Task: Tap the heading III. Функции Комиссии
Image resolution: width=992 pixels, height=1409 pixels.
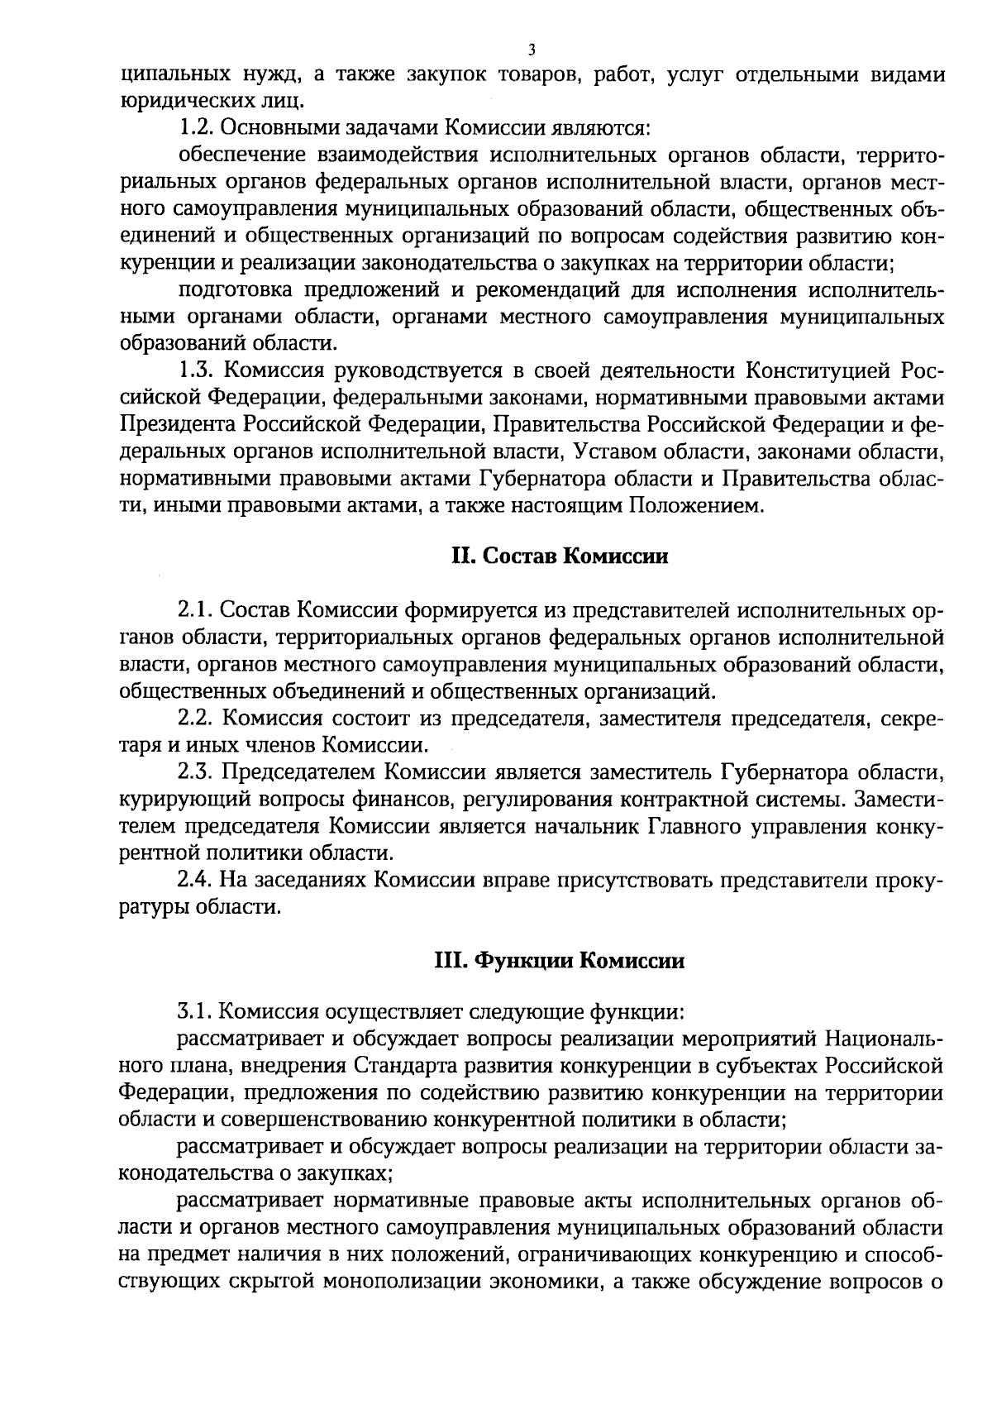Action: click(x=560, y=961)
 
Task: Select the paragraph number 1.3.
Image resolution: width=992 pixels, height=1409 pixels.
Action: click(x=196, y=371)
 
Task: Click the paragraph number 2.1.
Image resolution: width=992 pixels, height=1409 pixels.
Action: click(x=196, y=610)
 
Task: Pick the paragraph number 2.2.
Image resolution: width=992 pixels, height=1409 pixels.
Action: click(x=196, y=718)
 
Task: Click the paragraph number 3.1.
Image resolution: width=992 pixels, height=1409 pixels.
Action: click(x=196, y=1010)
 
